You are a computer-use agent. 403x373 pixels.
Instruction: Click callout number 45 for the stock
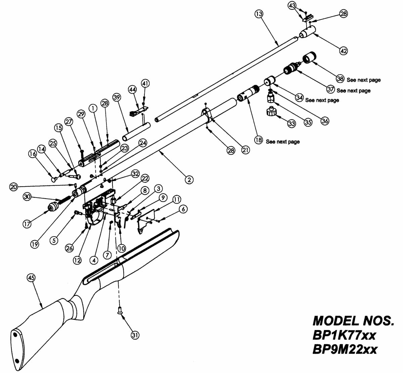(x=31, y=278)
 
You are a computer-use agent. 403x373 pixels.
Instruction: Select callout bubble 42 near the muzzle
(x=343, y=51)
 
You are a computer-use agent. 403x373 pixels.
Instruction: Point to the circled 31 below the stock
(x=135, y=335)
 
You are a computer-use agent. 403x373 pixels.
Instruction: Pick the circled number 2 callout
(x=189, y=180)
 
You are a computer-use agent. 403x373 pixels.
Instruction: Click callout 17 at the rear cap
(x=27, y=223)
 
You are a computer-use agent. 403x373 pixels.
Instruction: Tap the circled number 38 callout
(x=340, y=79)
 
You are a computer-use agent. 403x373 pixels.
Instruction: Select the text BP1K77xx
(x=344, y=335)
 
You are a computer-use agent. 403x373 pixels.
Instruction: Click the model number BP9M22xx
(x=345, y=349)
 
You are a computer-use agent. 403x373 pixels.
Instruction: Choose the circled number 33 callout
(x=291, y=123)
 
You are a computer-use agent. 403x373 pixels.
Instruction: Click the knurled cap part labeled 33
(x=272, y=111)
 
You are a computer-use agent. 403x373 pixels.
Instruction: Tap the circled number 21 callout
(x=245, y=150)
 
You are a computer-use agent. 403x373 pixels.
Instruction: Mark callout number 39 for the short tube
(x=117, y=97)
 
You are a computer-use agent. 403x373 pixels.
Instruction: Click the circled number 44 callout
(x=132, y=89)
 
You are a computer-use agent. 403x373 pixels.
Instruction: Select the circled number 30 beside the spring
(x=27, y=197)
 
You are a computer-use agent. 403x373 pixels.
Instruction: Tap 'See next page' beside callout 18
(x=282, y=142)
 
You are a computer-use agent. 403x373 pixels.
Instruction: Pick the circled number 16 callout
(x=33, y=154)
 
